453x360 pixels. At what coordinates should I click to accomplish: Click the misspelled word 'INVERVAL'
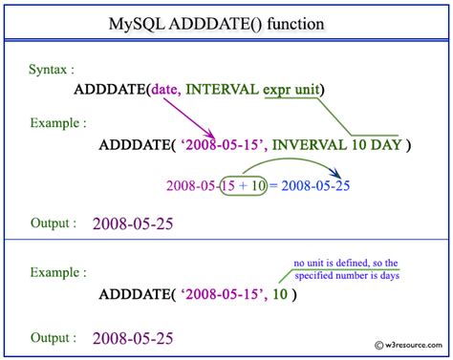[x=306, y=145]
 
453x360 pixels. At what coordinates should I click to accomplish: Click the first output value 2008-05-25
[x=140, y=225]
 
